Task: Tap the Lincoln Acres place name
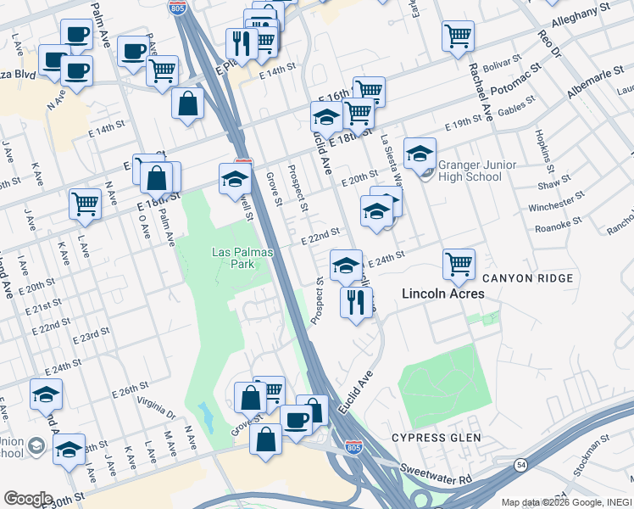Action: [x=442, y=294]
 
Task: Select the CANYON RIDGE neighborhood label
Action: [x=527, y=278]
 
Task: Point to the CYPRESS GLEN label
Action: [x=436, y=438]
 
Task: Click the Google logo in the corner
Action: [x=28, y=499]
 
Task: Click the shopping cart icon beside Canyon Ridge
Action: [x=459, y=264]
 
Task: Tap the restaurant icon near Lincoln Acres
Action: [x=356, y=301]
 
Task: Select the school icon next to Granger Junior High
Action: [x=420, y=154]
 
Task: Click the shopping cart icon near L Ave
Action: [x=85, y=204]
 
